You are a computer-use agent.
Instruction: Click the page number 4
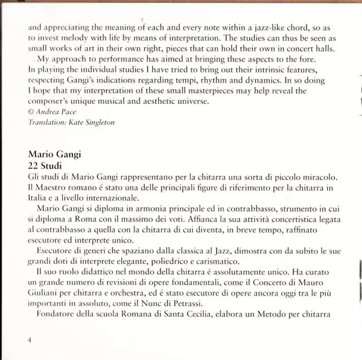click(x=29, y=341)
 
